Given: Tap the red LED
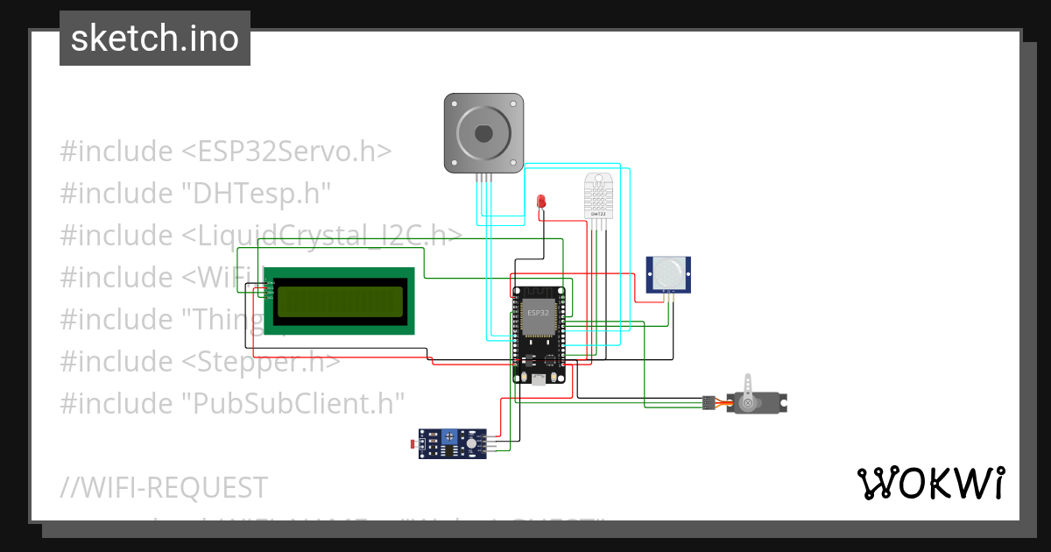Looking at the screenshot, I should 541,202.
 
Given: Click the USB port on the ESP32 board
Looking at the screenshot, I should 538,379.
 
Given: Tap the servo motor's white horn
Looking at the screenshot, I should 747,391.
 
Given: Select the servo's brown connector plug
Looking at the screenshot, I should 706,403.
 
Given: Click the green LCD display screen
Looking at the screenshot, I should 341,302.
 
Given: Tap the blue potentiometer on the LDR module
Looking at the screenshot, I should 450,435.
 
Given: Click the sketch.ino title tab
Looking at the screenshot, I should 155,39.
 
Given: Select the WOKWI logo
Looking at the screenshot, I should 930,483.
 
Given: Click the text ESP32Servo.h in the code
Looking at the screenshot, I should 286,152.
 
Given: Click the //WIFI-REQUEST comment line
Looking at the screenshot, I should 164,487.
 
